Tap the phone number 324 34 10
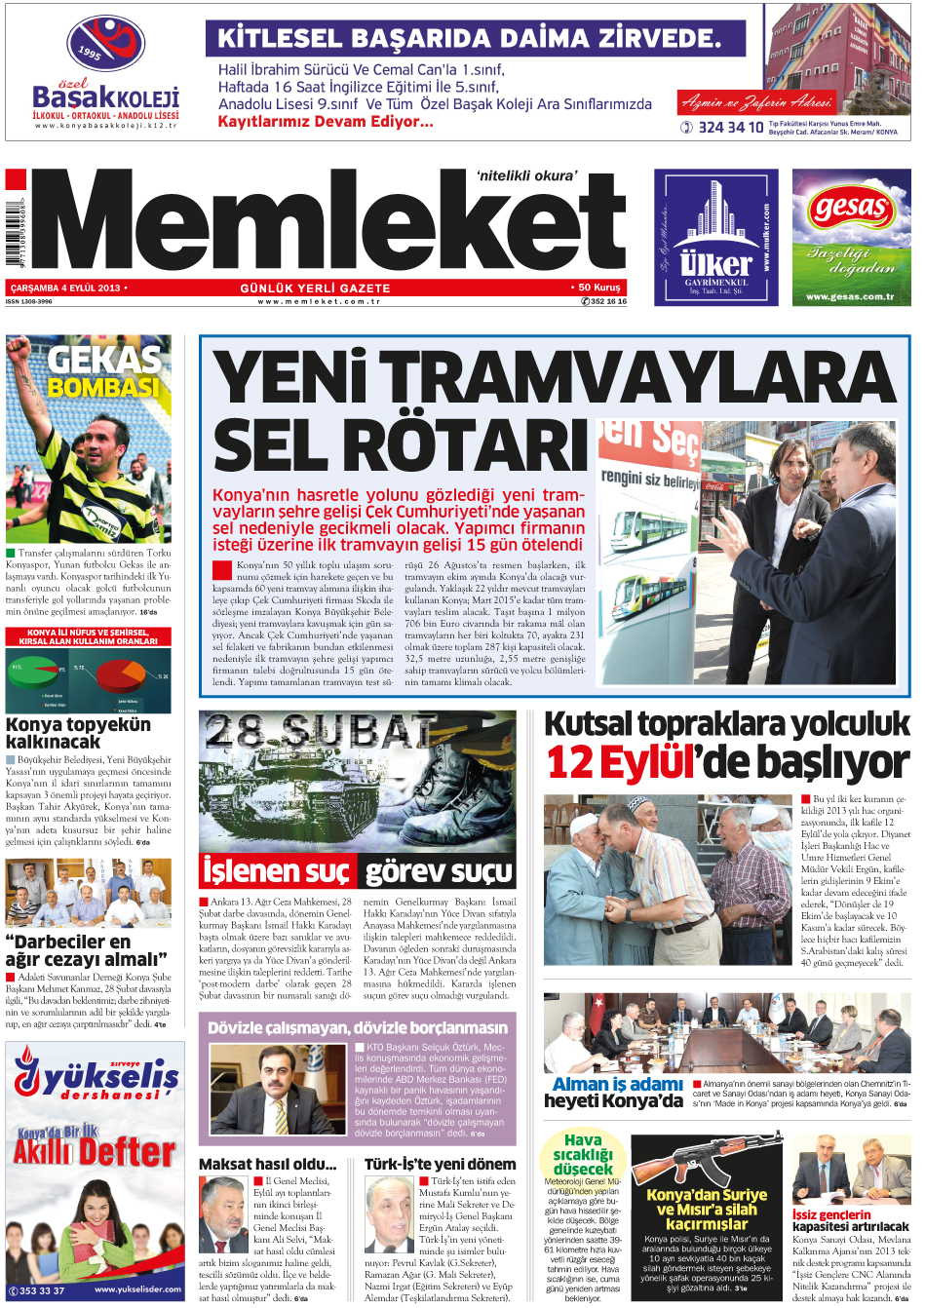pyautogui.click(x=730, y=128)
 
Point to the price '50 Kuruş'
pyautogui.click(x=598, y=288)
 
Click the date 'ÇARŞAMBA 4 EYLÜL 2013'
pyautogui.click(x=65, y=288)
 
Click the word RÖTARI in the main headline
pyautogui.click(x=401, y=446)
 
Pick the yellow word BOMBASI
pyautogui.click(x=102, y=388)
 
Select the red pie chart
pyautogui.click(x=119, y=673)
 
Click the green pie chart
pyautogui.click(x=36, y=671)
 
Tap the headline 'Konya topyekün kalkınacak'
pyautogui.click(x=78, y=733)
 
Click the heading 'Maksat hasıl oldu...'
pyautogui.click(x=267, y=1164)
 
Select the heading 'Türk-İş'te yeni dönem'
pyautogui.click(x=440, y=1164)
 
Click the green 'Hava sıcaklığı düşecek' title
pyautogui.click(x=583, y=1154)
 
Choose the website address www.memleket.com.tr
pyautogui.click(x=319, y=302)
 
